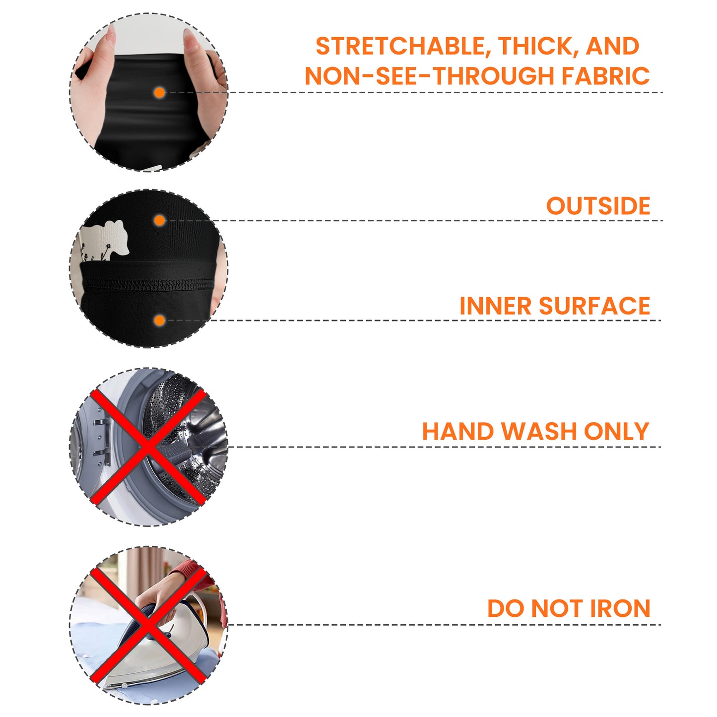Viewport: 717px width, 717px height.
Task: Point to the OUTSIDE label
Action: [x=598, y=205]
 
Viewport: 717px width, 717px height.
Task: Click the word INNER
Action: [x=495, y=306]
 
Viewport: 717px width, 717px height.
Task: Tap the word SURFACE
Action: [x=594, y=306]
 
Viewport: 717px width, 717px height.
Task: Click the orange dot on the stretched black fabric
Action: [x=160, y=93]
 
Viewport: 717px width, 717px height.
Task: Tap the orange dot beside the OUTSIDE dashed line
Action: [x=160, y=220]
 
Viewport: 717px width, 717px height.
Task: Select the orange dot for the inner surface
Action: [x=160, y=321]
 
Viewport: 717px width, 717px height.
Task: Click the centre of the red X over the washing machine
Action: [x=148, y=447]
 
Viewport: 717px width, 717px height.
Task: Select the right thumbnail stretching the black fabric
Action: [x=191, y=40]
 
